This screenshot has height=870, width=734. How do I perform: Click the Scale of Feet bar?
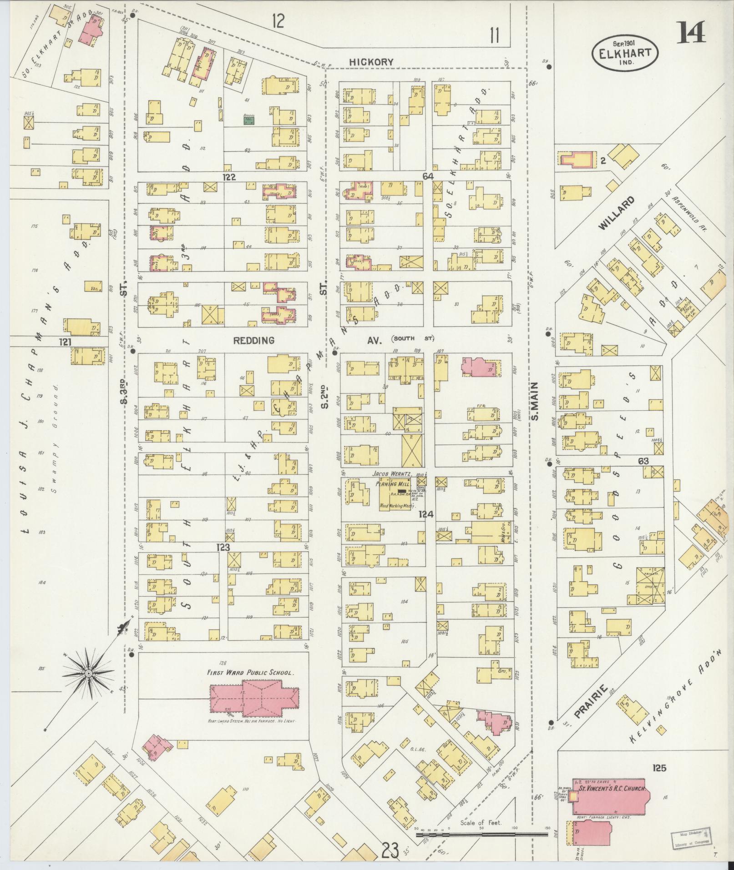(x=482, y=835)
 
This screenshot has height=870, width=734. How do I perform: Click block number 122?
(x=229, y=177)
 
